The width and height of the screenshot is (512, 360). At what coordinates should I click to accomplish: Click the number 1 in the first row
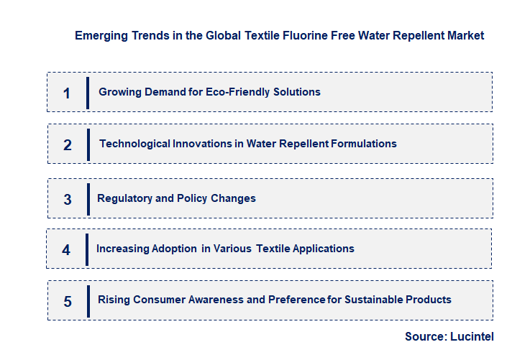tap(67, 93)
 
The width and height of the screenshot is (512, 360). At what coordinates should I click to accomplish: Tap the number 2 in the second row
tap(68, 144)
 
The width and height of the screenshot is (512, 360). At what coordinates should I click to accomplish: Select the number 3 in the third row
tap(68, 199)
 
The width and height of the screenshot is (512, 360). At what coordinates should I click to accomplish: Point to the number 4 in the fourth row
tap(66, 250)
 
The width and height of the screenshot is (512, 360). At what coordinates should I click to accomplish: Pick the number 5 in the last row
tap(68, 301)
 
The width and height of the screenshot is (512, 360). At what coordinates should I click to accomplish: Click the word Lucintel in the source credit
tap(473, 336)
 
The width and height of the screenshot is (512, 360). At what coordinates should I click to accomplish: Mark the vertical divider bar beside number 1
tap(87, 93)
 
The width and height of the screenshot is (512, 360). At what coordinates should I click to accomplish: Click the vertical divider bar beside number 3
tap(88, 199)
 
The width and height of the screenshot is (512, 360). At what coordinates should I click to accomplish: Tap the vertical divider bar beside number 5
tap(88, 301)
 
